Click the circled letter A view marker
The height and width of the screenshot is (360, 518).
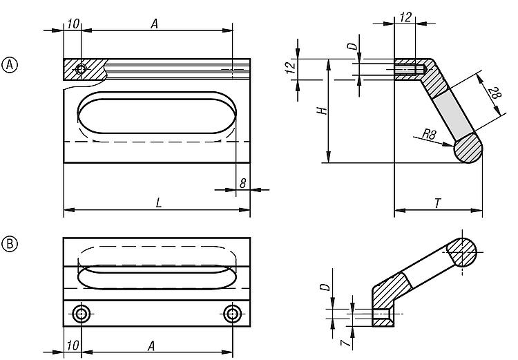point(10,64)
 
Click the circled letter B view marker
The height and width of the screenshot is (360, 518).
point(10,244)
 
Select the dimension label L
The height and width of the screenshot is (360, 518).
point(159,202)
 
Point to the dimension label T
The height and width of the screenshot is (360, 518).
point(438,203)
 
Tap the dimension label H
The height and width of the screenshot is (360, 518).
point(322,111)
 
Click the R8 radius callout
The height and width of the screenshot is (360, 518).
point(430,134)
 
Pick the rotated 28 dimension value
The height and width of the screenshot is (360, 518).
point(495,93)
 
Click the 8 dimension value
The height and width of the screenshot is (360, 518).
point(243,183)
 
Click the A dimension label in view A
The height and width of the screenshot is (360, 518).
point(154,23)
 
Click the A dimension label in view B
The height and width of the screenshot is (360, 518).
point(151,346)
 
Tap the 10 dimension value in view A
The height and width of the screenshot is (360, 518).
point(73,23)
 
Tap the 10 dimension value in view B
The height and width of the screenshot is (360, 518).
point(73,345)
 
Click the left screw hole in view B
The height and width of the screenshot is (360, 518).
point(81,314)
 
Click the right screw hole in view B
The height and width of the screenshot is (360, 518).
point(232,314)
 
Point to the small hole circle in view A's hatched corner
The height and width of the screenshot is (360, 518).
point(81,69)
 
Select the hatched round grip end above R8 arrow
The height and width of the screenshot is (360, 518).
point(468,149)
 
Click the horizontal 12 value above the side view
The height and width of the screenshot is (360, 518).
point(405,17)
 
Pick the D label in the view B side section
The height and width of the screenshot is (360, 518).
point(325,286)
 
